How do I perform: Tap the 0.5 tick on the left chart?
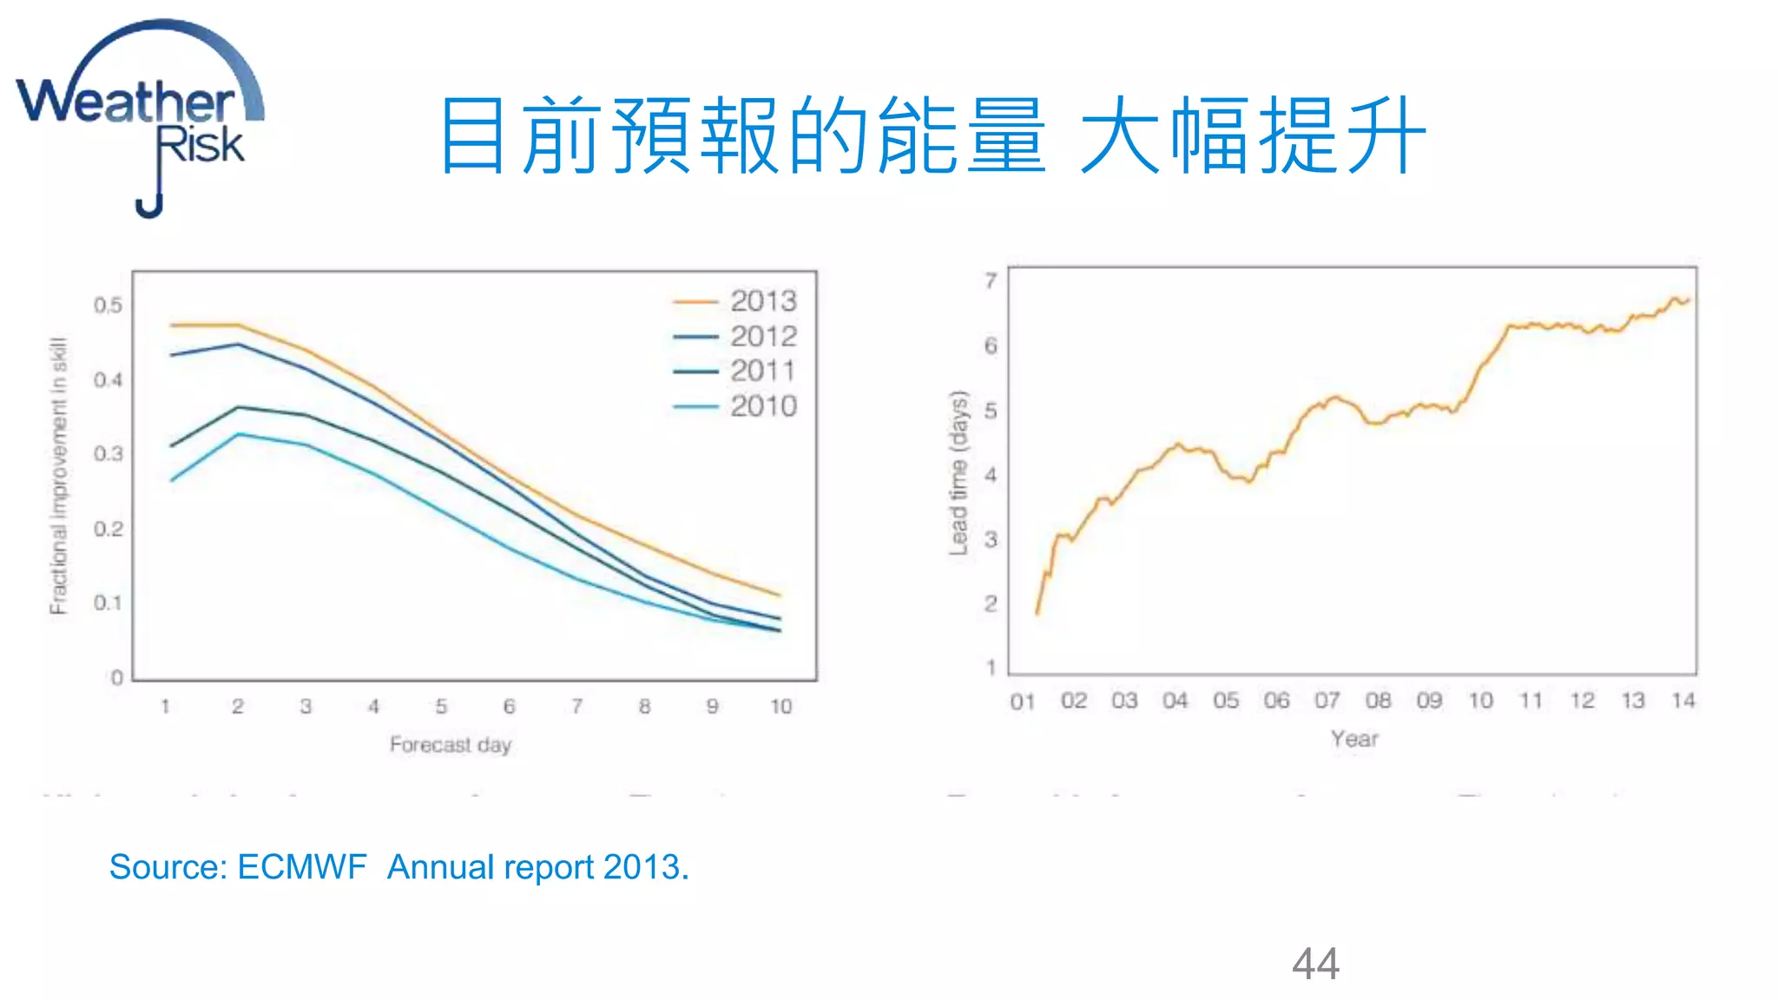(108, 306)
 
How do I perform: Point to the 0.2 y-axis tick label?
(108, 529)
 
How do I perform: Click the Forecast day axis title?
(450, 745)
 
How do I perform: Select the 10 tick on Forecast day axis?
(780, 707)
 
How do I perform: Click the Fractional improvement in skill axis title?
(58, 476)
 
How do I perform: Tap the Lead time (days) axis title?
(958, 473)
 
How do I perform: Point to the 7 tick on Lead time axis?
(991, 280)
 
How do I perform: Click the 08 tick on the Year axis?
(1378, 701)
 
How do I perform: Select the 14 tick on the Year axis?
(1683, 701)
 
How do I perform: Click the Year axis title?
(1353, 739)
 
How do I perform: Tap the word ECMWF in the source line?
(301, 867)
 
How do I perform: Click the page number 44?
(1315, 964)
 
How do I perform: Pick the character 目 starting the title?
(472, 136)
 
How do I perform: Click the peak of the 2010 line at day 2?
(239, 434)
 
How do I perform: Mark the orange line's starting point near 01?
(1037, 613)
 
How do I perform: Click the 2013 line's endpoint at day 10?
(780, 595)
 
